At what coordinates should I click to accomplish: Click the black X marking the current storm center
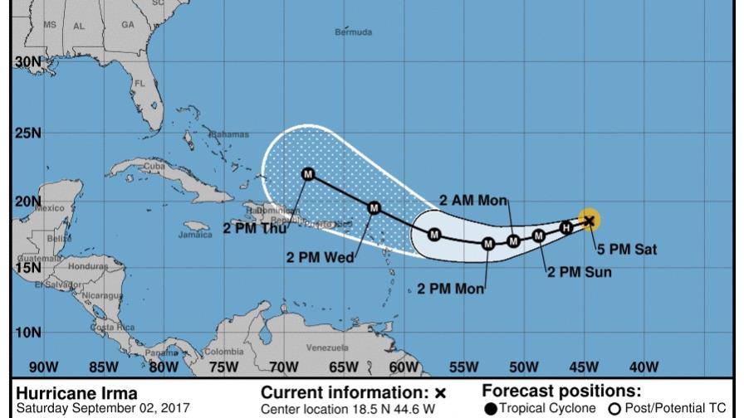pos(590,220)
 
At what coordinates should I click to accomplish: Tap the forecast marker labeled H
pos(566,227)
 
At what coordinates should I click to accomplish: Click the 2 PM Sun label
pos(579,271)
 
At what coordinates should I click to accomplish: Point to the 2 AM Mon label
pos(472,200)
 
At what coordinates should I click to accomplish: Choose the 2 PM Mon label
pos(450,289)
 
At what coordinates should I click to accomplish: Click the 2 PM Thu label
pos(254,229)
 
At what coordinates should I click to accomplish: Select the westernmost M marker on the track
pos(308,173)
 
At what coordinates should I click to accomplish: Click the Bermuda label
pos(353,33)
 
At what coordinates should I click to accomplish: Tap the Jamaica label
pos(195,235)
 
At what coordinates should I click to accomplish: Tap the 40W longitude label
pos(644,366)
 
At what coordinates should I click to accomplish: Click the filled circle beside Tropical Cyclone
pos(491,408)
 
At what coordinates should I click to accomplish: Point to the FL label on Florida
pos(139,84)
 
